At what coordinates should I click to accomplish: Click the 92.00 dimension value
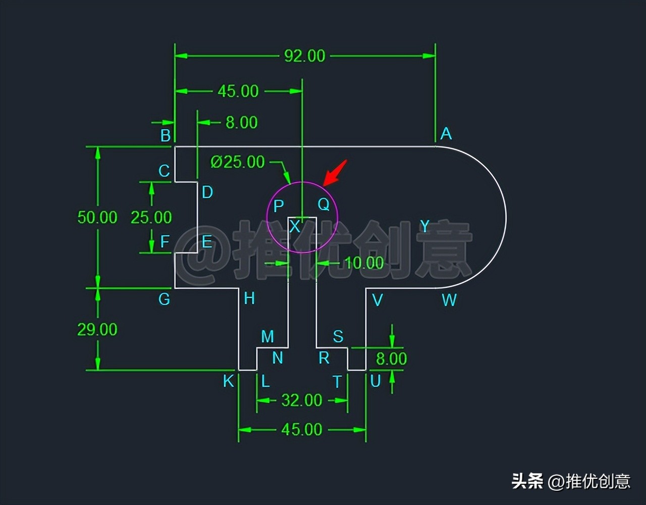(x=304, y=56)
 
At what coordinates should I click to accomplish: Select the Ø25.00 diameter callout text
(x=238, y=162)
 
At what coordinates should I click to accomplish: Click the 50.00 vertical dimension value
(x=97, y=218)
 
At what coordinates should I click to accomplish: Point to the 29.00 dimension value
(x=97, y=330)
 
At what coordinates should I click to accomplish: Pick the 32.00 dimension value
(x=302, y=400)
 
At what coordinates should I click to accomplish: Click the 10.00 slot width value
(x=364, y=263)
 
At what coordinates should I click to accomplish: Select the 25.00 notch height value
(x=151, y=218)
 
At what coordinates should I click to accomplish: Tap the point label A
(x=446, y=134)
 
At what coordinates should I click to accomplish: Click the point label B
(x=166, y=135)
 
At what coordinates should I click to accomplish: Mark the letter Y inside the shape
(x=425, y=226)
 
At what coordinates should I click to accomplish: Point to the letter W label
(x=449, y=300)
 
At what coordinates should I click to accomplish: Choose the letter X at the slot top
(x=295, y=227)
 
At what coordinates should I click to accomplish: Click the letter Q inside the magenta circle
(x=324, y=205)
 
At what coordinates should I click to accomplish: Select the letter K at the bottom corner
(x=228, y=381)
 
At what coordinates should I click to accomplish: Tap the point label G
(x=164, y=299)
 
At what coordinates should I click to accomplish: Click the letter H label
(x=249, y=298)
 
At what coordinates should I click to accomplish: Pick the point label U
(x=375, y=381)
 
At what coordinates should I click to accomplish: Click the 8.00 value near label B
(x=241, y=122)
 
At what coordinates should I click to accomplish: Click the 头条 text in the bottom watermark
(x=527, y=481)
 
